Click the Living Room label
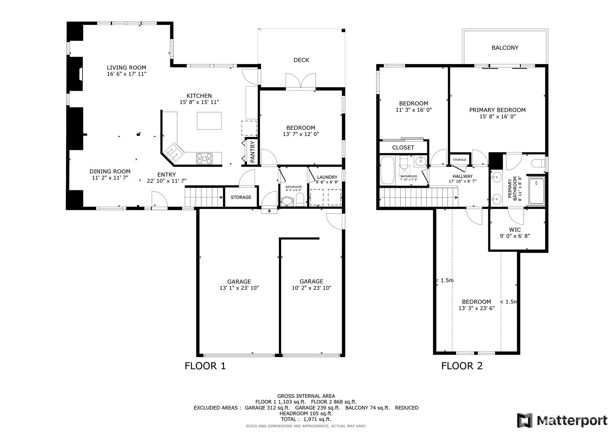(126, 68)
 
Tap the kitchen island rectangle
(209, 121)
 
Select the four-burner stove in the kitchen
(204, 158)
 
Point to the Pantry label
(252, 152)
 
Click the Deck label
(301, 60)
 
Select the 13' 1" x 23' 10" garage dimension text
(239, 288)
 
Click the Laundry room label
(327, 177)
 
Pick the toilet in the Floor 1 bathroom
(300, 199)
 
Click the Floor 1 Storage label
(241, 197)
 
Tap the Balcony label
(505, 48)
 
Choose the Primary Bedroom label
(497, 110)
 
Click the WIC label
(515, 230)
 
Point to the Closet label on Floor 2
(403, 148)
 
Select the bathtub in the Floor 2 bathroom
(388, 171)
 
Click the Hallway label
(462, 176)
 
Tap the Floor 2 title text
(462, 366)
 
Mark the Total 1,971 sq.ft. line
(306, 419)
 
